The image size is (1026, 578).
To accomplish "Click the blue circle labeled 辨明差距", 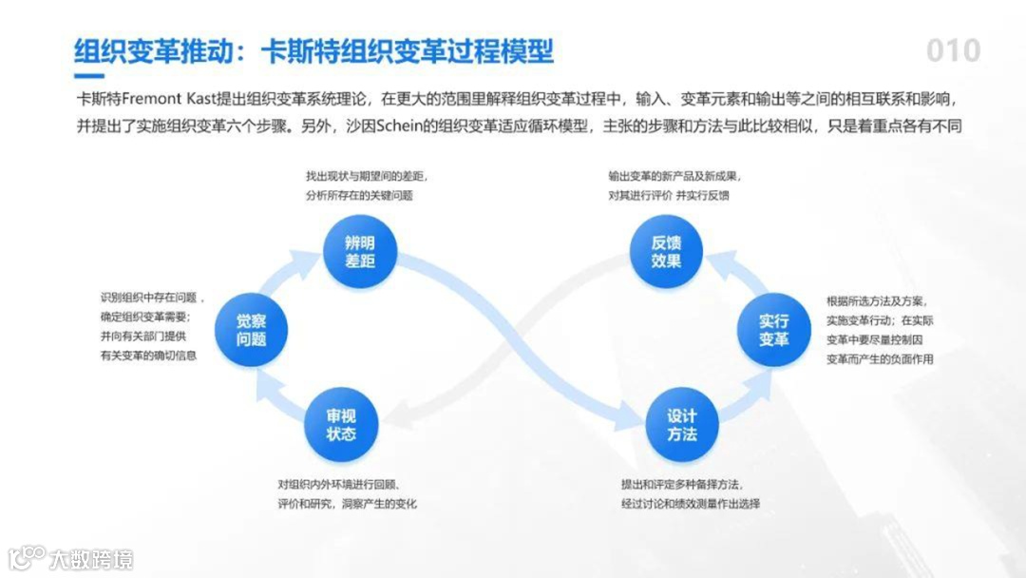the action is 360,251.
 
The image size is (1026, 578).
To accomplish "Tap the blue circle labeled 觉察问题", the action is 251,330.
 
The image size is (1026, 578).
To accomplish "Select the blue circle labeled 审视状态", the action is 341,426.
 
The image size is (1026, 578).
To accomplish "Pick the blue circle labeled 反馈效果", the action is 666,251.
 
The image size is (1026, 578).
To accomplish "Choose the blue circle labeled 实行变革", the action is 773,330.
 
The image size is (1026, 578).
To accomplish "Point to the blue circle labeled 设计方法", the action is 681,425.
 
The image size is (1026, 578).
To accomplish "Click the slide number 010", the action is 953,50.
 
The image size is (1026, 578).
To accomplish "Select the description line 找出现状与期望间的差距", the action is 365,177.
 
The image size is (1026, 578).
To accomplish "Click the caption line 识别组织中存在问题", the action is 152,298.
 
